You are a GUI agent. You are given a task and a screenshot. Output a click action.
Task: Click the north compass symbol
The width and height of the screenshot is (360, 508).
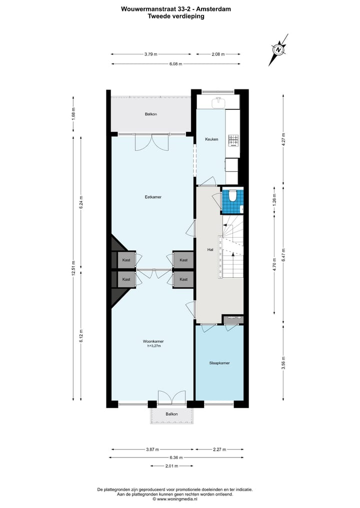pos(278,49)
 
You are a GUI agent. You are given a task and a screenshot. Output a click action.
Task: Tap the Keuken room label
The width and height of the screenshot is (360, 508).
pos(211,139)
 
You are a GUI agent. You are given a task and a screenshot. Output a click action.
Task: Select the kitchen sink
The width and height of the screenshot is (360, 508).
pos(217,103)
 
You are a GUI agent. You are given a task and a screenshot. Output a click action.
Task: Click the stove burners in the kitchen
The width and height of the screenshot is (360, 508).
pos(233,140)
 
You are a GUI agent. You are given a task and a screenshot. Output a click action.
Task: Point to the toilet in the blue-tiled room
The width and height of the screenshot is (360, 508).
pos(231,197)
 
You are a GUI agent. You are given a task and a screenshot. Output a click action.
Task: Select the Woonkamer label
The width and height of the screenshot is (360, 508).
pos(152,341)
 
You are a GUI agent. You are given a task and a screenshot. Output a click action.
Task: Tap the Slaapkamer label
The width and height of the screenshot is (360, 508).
pos(219,363)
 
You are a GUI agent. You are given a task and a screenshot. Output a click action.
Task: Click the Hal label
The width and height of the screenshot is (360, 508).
pos(210,249)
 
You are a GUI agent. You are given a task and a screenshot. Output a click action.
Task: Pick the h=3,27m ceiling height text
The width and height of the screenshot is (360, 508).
pos(152,346)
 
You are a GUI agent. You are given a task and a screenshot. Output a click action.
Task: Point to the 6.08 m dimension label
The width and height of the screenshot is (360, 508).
pos(175,64)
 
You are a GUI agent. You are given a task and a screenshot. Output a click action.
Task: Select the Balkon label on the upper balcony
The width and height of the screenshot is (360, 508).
pos(151,114)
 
